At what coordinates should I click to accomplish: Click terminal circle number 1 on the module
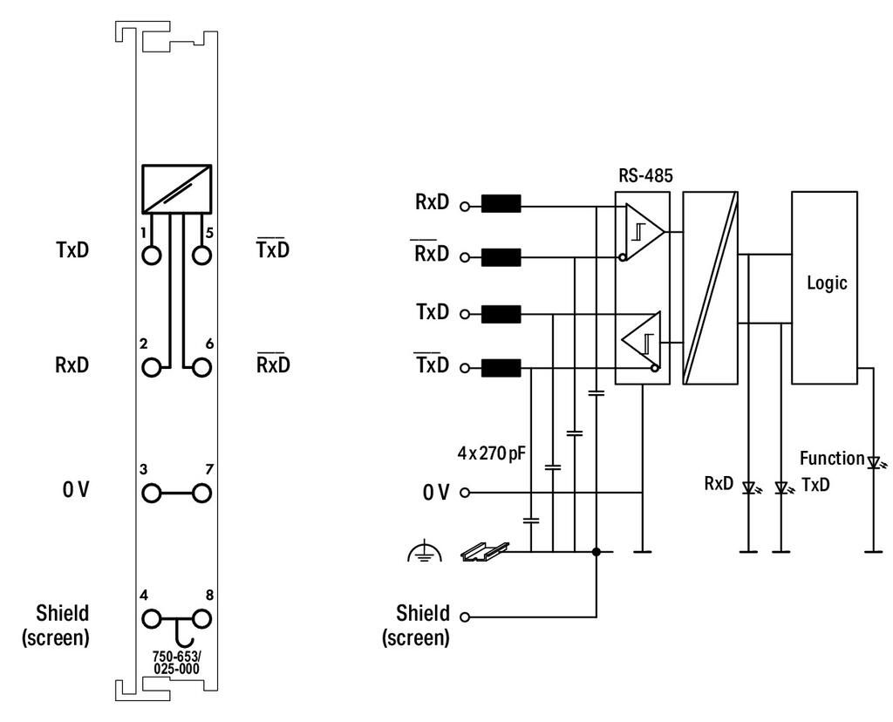tap(152, 255)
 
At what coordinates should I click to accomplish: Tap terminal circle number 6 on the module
tap(201, 367)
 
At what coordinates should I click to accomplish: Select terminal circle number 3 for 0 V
tap(152, 493)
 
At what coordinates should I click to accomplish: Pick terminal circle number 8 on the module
tap(201, 618)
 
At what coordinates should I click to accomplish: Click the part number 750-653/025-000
tap(176, 663)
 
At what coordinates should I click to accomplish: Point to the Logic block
tap(824, 288)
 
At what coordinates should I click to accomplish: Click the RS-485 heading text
tap(645, 175)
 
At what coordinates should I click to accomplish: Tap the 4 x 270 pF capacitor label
tap(492, 453)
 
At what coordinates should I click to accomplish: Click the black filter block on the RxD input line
tap(501, 204)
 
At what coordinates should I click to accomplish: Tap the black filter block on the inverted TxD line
tap(501, 368)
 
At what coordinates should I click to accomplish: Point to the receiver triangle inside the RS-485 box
tap(644, 231)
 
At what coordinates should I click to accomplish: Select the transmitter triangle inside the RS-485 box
tap(641, 340)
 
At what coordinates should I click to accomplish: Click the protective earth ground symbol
tap(425, 552)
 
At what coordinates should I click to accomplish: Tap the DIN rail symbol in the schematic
tap(484, 551)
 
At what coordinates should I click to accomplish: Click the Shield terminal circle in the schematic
tap(465, 616)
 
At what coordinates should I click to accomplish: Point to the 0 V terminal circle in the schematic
tap(465, 493)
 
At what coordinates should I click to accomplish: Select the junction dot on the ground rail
tap(596, 551)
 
